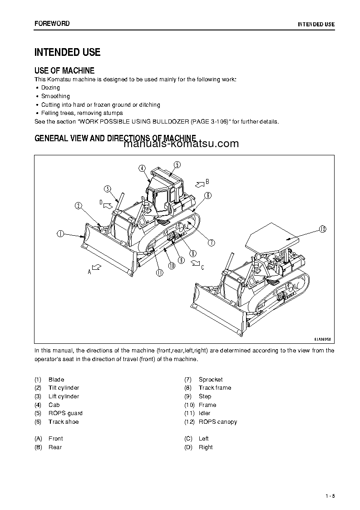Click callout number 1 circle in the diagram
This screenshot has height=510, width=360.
click(60, 234)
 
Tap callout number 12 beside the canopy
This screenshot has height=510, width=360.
click(322, 229)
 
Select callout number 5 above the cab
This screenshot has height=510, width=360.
click(177, 164)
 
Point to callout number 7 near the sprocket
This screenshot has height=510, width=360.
click(212, 243)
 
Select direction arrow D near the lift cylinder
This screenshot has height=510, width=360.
click(108, 205)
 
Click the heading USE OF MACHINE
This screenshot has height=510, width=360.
click(64, 71)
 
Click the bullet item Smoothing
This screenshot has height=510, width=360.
click(55, 96)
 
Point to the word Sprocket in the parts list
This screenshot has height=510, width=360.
click(211, 379)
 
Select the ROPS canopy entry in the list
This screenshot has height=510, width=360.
click(217, 422)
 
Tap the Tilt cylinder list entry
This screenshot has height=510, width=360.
click(64, 388)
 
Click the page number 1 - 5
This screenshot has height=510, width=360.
click(330, 496)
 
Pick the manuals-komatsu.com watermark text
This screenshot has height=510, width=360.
click(181, 144)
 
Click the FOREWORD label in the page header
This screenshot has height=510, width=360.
click(52, 24)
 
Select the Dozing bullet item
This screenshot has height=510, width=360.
click(50, 88)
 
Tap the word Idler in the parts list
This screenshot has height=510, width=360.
click(205, 413)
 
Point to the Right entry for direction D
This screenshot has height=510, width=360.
click(206, 447)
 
